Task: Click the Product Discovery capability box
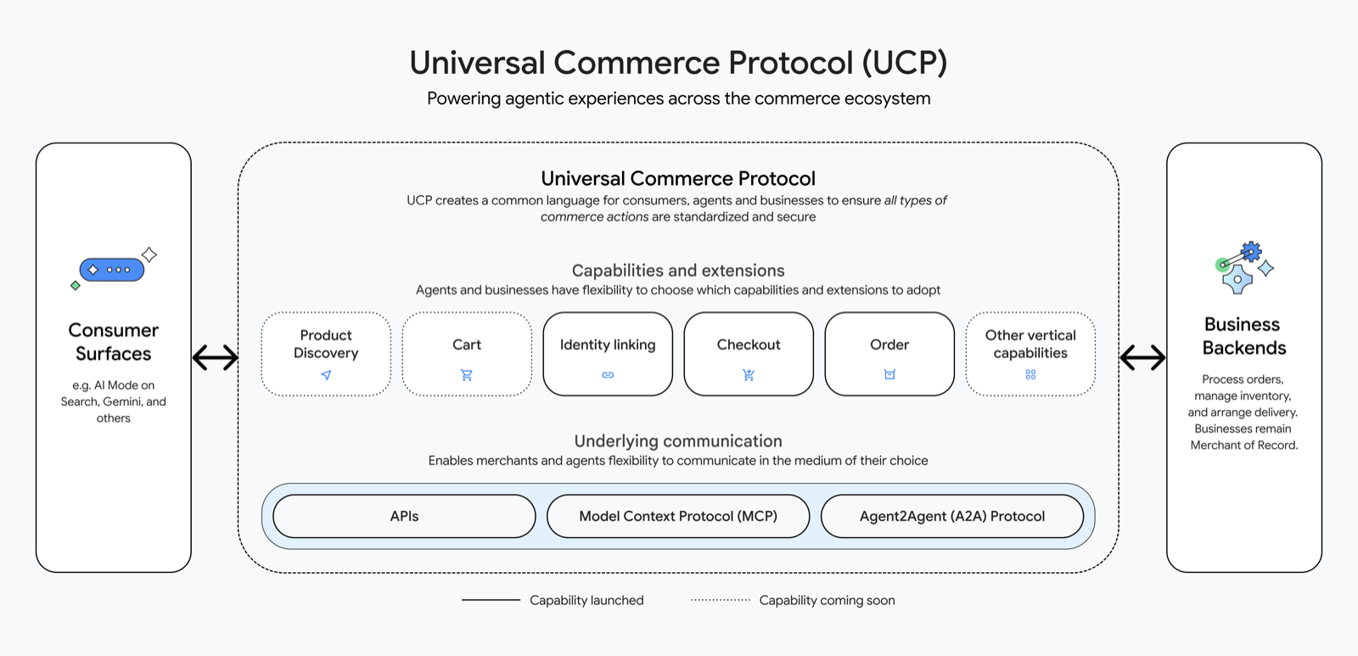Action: [326, 353]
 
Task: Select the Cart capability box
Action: [467, 353]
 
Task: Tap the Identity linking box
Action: [608, 353]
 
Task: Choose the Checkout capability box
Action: [749, 353]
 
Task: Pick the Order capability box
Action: [889, 353]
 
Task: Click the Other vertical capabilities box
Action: [1030, 353]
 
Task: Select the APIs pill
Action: [404, 516]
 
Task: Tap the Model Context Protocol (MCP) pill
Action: [678, 516]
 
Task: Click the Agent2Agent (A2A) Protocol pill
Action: [952, 516]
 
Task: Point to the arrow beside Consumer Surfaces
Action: [215, 357]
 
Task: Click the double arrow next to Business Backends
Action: [1142, 357]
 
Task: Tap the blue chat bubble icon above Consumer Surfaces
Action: [112, 270]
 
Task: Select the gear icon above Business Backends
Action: [1243, 266]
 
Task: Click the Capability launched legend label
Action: [586, 600]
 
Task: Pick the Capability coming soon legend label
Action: [827, 600]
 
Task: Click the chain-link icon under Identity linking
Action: [608, 374]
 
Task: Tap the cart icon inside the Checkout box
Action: [749, 374]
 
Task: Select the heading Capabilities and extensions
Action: [678, 271]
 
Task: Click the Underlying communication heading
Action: [678, 441]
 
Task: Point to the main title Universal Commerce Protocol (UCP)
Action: [678, 63]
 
